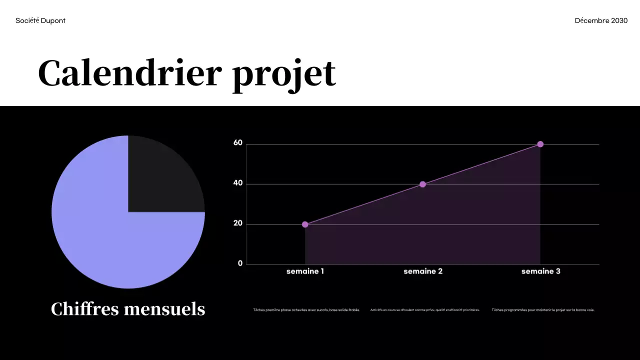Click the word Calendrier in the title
[x=129, y=73]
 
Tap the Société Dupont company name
[x=40, y=20]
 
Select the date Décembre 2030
[x=601, y=20]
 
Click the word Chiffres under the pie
[x=84, y=309]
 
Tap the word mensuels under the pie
[x=164, y=309]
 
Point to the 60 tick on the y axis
[x=238, y=143]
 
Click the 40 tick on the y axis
[x=238, y=183]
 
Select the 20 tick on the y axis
[x=238, y=223]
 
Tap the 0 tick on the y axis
[x=240, y=263]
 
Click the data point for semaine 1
[x=305, y=224]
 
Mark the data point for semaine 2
[x=422, y=184]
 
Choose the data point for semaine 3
[x=540, y=144]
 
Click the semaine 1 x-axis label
[x=305, y=271]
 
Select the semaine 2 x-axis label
[x=423, y=271]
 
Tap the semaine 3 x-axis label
[x=540, y=271]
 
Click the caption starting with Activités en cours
[x=425, y=310]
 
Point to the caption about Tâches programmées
[x=543, y=310]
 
